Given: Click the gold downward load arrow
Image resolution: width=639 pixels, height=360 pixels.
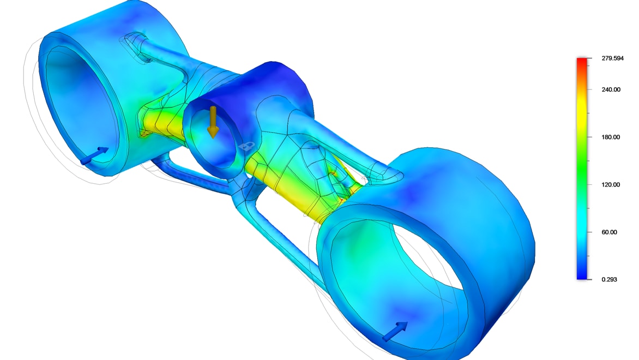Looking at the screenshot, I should click(x=213, y=122).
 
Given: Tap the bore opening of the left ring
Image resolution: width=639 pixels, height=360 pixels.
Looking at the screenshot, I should click(x=79, y=104).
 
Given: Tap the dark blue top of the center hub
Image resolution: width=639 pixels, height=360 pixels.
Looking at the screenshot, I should click(x=256, y=79).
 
